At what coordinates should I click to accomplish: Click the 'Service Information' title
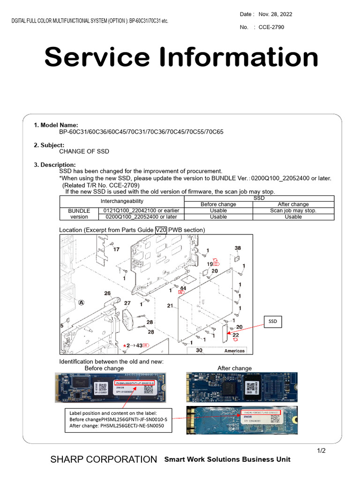tap(181, 57)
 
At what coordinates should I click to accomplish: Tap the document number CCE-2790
tap(271, 27)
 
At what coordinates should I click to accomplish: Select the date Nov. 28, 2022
tap(275, 14)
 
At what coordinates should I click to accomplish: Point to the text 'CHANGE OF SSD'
tap(84, 151)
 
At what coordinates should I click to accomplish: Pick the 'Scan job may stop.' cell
tap(293, 210)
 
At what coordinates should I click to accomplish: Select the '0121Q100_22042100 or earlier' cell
tap(141, 210)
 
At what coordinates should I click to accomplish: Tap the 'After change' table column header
tap(293, 204)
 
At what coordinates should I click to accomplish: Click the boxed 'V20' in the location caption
tap(161, 230)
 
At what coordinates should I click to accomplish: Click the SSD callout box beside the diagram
tap(272, 322)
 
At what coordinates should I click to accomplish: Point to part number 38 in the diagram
tap(238, 247)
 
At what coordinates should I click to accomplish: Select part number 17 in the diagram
tap(116, 249)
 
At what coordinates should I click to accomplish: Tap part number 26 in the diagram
tap(107, 293)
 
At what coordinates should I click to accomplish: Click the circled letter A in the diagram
tap(82, 303)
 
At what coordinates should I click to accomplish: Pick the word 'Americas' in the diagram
tap(234, 351)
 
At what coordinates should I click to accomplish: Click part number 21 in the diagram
tap(170, 306)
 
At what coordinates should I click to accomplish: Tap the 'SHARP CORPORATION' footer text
tap(104, 459)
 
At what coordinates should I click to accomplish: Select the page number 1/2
tap(321, 451)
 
